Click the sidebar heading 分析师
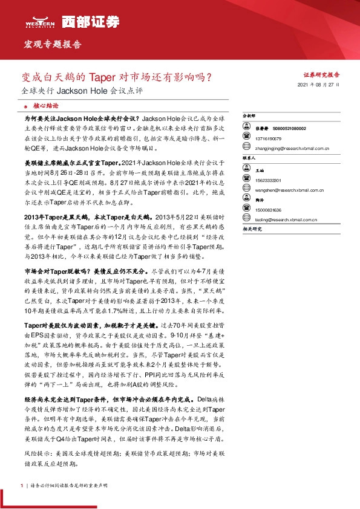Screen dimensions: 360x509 249,115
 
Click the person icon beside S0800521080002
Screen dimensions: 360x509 246,129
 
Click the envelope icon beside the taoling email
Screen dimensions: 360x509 245,220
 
